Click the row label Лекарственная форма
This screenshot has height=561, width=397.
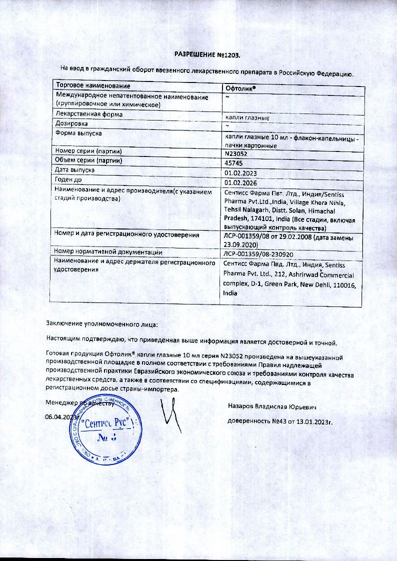pos(89,114)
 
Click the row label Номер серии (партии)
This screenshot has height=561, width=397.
pos(89,151)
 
